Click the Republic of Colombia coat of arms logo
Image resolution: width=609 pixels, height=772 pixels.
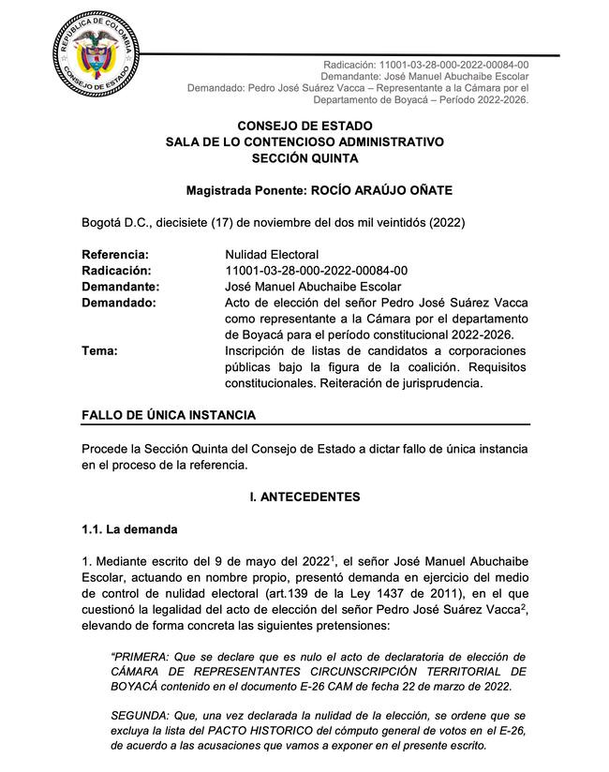coord(100,62)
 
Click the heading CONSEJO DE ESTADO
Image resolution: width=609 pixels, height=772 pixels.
coord(304,126)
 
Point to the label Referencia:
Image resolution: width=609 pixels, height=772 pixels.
coord(115,254)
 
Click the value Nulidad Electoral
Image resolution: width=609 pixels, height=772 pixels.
coord(272,254)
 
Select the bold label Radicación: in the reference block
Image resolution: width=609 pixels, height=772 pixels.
coord(117,271)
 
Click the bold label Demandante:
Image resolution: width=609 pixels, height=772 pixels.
coord(120,287)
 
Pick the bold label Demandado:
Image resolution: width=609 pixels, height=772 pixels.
coord(119,303)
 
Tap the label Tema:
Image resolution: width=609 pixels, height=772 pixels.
coord(99,351)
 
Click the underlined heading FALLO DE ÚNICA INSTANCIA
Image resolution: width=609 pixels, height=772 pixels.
coord(169,415)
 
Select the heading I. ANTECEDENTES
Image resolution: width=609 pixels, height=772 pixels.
coord(304,497)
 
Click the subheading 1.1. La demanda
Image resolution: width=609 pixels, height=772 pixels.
coord(129,529)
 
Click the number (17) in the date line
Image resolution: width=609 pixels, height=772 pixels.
coord(244,222)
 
